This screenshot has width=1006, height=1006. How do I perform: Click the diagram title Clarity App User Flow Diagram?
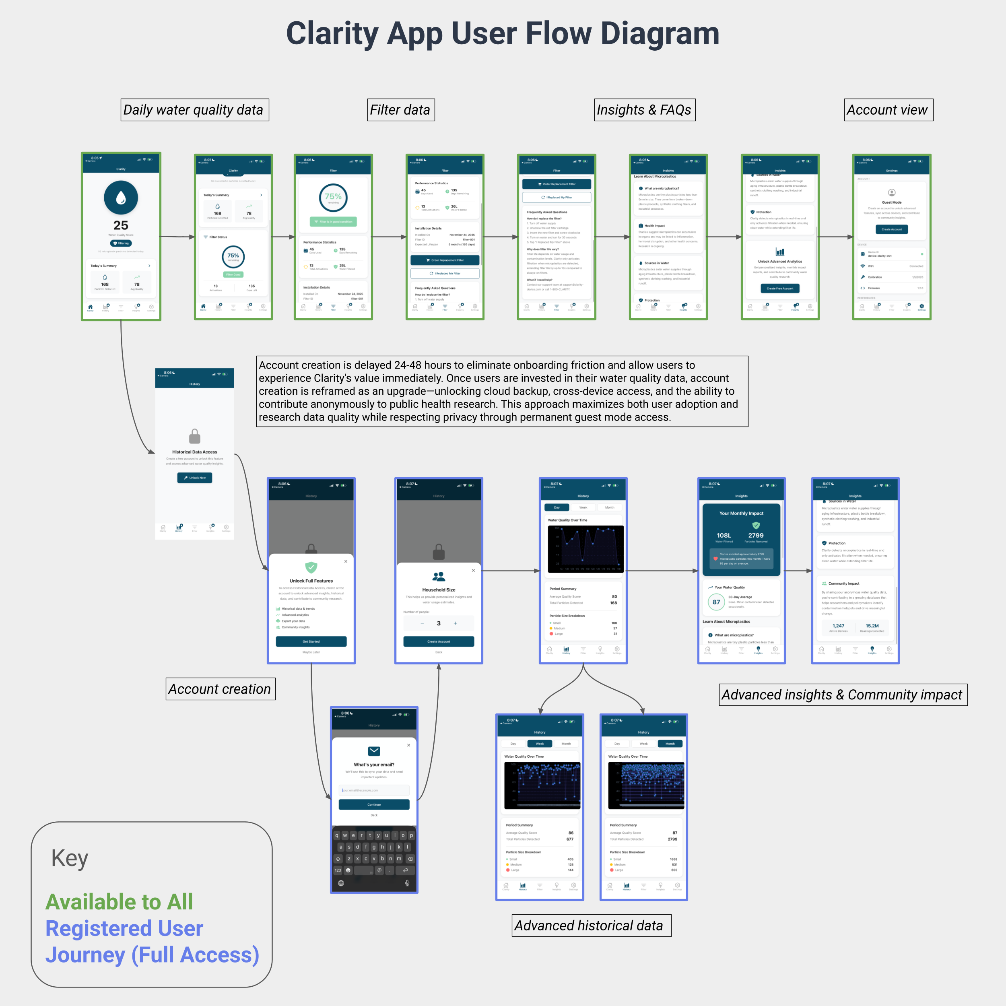pos(503,33)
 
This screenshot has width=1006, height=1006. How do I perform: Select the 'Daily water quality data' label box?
pos(195,110)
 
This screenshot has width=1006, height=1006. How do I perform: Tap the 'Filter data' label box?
pos(400,110)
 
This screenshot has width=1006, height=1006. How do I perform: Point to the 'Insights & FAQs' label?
pos(644,110)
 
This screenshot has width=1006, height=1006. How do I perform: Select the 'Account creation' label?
pos(220,689)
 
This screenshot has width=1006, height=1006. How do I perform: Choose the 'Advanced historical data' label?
pos(591,925)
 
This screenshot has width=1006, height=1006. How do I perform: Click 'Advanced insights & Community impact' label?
pos(843,695)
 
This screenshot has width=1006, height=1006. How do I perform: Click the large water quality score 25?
pos(121,225)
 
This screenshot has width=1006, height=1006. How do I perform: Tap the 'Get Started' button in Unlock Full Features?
pos(311,641)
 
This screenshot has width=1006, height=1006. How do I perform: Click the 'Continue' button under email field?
pos(374,804)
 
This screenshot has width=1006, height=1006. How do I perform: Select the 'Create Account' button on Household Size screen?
pos(439,641)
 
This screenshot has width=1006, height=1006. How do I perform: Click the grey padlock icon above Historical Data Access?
pos(195,436)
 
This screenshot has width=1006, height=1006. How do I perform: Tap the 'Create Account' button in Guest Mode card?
pos(891,229)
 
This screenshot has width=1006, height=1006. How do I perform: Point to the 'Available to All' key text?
pos(119,902)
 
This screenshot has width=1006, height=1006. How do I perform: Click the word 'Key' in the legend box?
pos(70,858)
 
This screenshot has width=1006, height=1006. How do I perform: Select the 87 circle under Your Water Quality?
pos(717,602)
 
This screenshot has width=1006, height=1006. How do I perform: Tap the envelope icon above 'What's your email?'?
pos(374,751)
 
